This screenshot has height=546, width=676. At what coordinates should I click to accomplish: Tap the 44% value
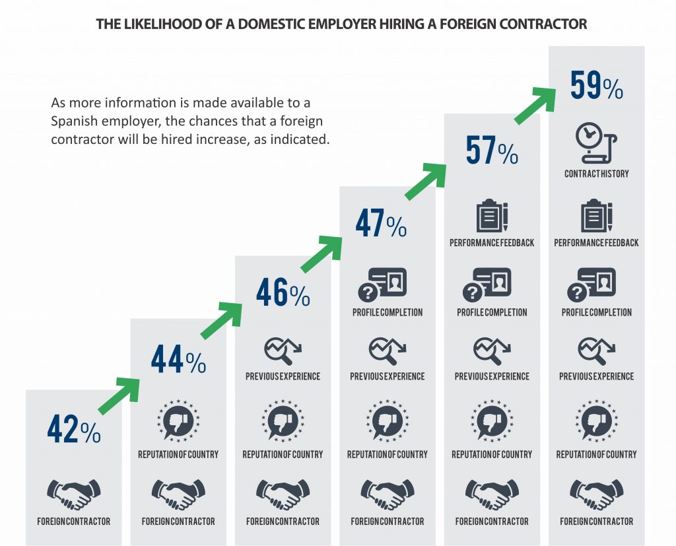click(x=178, y=358)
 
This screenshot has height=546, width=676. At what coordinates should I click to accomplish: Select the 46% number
click(x=283, y=292)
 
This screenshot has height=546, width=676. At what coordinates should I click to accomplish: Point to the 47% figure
click(x=381, y=222)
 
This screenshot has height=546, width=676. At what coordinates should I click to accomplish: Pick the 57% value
click(x=492, y=150)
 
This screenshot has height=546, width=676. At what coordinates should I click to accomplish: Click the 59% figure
click(x=597, y=85)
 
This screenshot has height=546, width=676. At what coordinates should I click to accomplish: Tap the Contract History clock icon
click(x=596, y=143)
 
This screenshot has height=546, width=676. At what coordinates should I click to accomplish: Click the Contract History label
click(x=597, y=174)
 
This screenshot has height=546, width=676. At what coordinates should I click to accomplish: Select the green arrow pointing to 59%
click(x=535, y=106)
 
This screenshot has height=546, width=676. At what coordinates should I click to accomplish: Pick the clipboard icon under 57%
click(x=492, y=216)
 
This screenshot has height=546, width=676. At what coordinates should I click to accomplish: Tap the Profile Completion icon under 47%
click(x=382, y=285)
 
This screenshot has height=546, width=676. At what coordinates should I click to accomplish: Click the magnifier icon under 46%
click(x=283, y=351)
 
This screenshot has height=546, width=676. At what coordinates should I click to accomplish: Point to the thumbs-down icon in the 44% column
click(x=178, y=421)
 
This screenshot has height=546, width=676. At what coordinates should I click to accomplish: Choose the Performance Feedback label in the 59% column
click(x=596, y=243)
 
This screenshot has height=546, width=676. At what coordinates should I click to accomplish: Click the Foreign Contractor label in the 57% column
click(x=492, y=522)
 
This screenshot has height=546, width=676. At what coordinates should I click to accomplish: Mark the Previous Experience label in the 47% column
click(x=387, y=376)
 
